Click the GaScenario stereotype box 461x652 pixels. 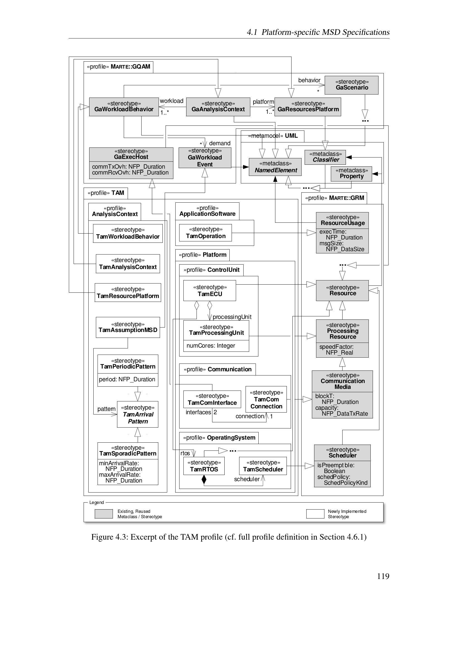tap(351, 85)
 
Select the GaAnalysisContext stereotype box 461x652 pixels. tap(218, 107)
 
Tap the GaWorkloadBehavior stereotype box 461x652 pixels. tap(124, 107)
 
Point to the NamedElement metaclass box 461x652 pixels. tap(275, 167)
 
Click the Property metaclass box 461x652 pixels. tap(351, 173)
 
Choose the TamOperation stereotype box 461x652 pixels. tap(205, 233)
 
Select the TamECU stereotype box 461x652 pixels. tap(210, 290)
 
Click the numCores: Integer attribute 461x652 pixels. tap(211, 346)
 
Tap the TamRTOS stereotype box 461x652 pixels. tap(204, 466)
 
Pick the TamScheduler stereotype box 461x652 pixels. tap(263, 466)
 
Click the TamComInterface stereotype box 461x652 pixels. tap(212, 399)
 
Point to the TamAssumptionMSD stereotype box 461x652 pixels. tap(128, 327)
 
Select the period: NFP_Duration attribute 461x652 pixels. tap(127, 379)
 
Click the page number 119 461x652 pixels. tap(383, 576)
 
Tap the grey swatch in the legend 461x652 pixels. tap(104, 514)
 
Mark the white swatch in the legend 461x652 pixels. tap(315, 514)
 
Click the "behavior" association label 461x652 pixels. tap(309, 80)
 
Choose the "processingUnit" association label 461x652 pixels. tap(232, 317)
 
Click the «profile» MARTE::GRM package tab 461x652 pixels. tap(334, 198)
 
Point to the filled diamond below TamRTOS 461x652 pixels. tap(204, 479)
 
